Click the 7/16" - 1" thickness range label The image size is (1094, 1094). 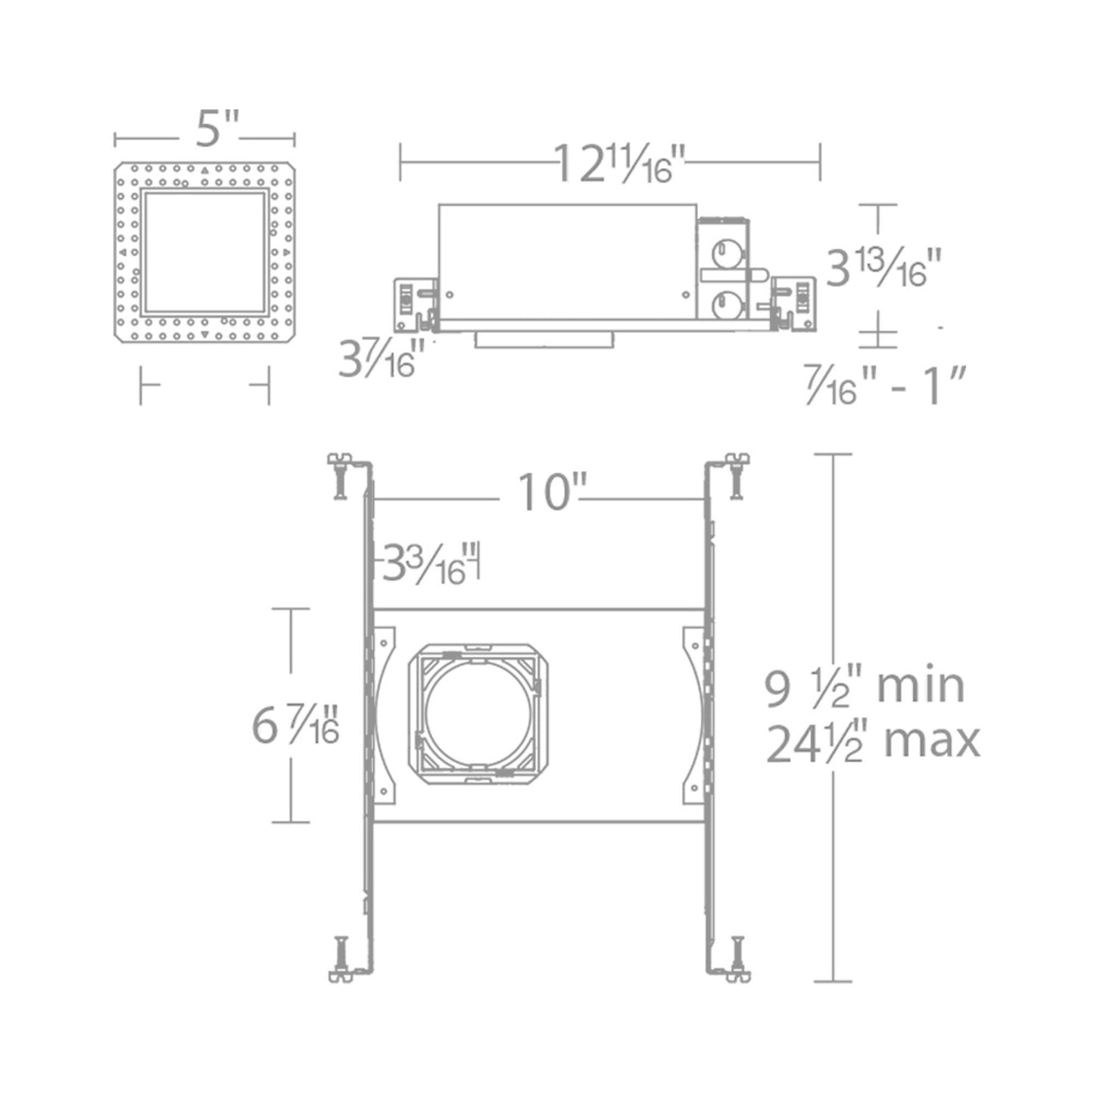[886, 385]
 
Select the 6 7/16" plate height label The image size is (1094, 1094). [295, 726]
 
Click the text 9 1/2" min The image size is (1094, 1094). [864, 687]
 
